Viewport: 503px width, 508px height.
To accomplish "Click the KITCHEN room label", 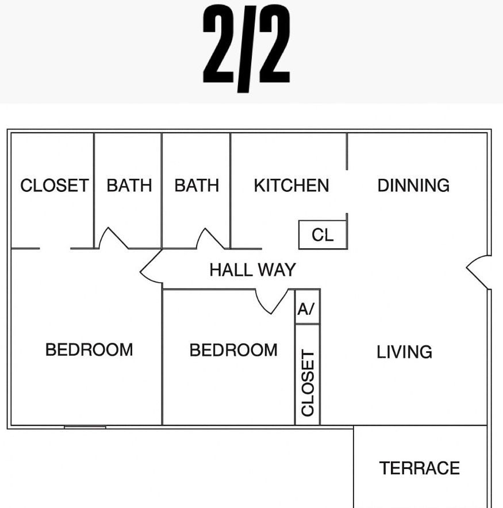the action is point(291,185).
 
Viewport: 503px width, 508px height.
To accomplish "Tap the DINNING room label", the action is point(413,185).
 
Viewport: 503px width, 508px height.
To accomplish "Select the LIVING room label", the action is point(404,352).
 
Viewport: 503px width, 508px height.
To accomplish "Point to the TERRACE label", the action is point(420,468).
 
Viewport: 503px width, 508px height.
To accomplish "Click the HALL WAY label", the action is point(253,270).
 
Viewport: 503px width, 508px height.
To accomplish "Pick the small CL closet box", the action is point(322,234).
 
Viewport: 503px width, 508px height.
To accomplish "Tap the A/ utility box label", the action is point(306,309).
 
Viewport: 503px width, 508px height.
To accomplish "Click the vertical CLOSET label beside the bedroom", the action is point(308,383).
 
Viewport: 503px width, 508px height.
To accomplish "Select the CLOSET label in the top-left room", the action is point(55,185).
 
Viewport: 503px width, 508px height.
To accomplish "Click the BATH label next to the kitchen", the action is point(197,185).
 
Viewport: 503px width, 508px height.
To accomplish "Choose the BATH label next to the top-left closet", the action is point(129,185).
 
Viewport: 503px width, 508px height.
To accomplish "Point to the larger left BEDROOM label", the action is point(89,349).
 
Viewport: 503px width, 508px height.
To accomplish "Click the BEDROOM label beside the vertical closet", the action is point(233,350).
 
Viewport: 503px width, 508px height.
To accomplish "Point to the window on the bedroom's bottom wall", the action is point(85,428).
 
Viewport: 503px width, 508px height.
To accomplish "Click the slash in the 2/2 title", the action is point(246,49).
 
